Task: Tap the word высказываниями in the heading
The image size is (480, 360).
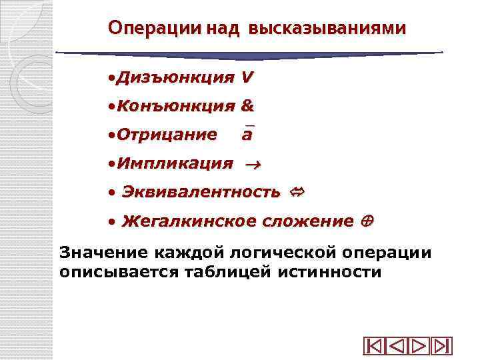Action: pos(327,29)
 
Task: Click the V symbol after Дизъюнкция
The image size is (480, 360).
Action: pos(247,77)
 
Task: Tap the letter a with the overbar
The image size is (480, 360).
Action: pos(247,135)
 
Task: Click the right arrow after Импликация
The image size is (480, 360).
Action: pos(253,164)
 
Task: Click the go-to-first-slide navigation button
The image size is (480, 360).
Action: pos(374,347)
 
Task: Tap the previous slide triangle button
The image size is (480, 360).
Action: pos(397,347)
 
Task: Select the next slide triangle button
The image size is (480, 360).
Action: pos(419,347)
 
